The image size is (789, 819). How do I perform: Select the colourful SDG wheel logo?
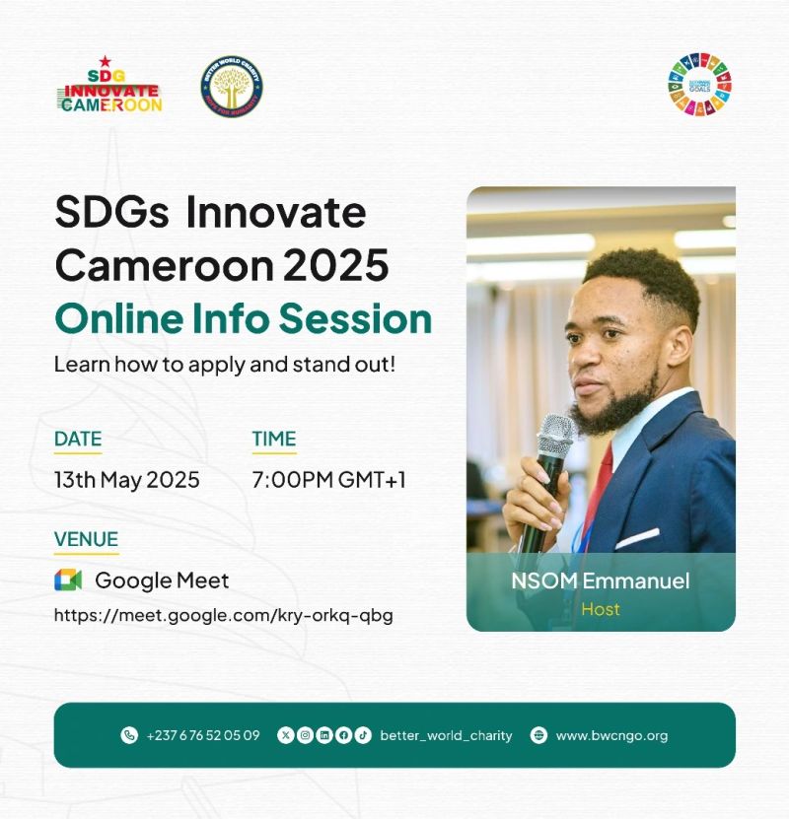click(x=699, y=85)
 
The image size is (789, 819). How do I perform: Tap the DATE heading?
click(x=78, y=439)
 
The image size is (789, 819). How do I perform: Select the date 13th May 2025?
click(x=127, y=480)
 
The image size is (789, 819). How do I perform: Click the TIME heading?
click(x=273, y=439)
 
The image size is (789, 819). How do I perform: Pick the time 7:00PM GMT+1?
click(x=328, y=480)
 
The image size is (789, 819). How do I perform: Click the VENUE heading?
click(x=86, y=539)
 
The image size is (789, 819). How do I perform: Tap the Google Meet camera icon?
click(x=68, y=580)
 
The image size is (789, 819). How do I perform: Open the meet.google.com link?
click(x=223, y=616)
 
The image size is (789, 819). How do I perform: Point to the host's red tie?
click(x=599, y=483)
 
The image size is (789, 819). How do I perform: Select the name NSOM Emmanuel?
click(x=600, y=580)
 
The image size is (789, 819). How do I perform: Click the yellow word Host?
click(x=601, y=609)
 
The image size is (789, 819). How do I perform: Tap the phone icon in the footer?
click(x=129, y=735)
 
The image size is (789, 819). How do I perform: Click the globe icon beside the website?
click(x=538, y=735)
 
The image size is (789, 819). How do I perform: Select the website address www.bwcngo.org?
click(x=611, y=735)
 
